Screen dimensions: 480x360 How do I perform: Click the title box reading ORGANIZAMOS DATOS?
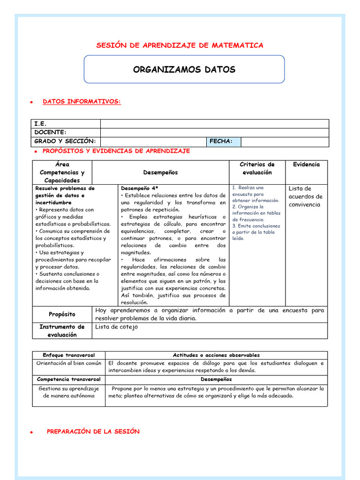point(184,70)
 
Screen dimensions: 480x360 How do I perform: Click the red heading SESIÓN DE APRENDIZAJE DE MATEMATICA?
point(180,45)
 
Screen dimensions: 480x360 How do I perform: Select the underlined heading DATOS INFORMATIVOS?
point(82,101)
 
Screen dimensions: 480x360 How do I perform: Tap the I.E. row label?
point(40,124)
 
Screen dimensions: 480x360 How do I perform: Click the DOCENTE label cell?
point(50,133)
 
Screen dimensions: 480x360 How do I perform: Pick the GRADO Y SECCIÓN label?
point(65,141)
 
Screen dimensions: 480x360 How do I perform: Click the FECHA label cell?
point(221,141)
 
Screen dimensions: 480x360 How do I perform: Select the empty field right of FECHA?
point(285,141)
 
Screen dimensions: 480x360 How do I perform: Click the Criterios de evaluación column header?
point(257,168)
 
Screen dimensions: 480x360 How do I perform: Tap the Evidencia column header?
point(307,165)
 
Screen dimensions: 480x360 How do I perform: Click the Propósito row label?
point(62,314)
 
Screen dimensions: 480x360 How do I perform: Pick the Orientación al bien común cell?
point(69,363)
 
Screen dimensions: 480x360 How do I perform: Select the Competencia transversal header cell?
point(68,379)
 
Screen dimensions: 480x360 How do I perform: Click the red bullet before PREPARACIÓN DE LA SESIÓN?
point(31,432)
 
